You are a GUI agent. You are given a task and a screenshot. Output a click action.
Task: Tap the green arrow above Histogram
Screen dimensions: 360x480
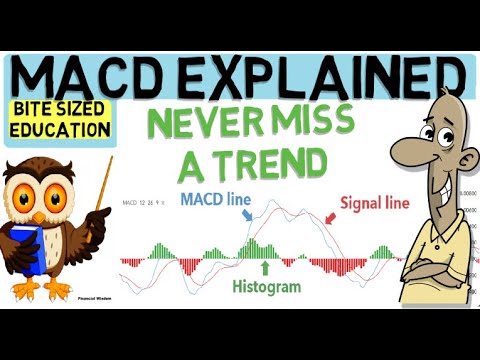point(265,266)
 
